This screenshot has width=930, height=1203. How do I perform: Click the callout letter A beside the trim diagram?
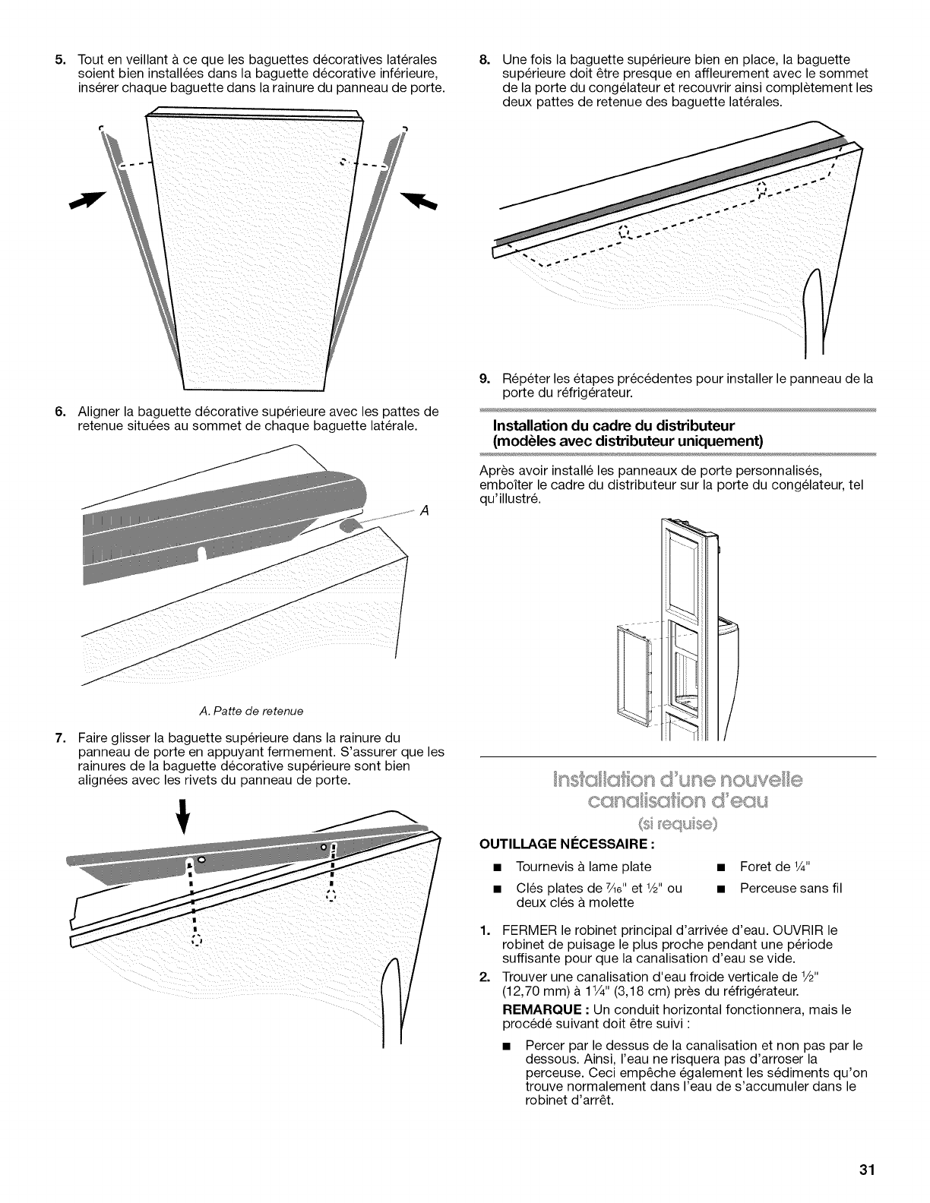[425, 510]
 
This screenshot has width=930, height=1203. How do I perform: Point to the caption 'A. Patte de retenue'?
[239, 711]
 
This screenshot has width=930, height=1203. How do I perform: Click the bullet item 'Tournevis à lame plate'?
[583, 867]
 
